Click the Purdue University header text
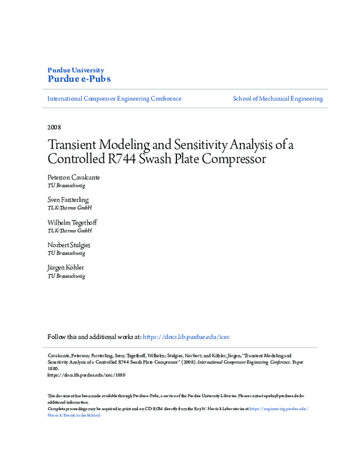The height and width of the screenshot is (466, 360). click(75, 70)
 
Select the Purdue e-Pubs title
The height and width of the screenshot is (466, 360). click(79, 79)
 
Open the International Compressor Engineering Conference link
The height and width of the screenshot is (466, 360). click(114, 98)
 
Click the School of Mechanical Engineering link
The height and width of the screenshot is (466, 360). click(277, 98)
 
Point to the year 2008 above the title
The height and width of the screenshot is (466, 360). click(54, 127)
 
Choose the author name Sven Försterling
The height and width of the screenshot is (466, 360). click(68, 199)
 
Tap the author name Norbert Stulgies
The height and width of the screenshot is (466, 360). click(68, 245)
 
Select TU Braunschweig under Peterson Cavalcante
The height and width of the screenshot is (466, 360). click(66, 186)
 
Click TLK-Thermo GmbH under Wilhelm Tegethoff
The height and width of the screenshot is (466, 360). click(70, 231)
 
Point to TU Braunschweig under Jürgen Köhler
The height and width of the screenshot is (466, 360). click(66, 276)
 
